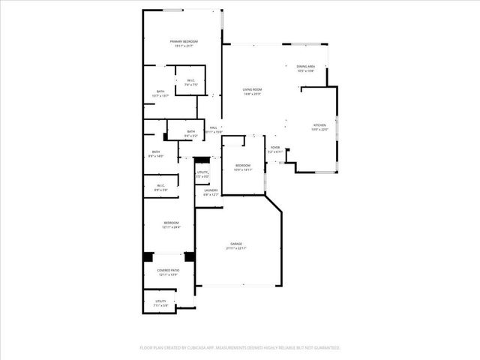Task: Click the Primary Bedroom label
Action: [183, 41]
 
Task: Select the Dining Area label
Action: [306, 67]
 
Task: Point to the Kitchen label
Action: [320, 124]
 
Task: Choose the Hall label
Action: [214, 128]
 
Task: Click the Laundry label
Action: [211, 190]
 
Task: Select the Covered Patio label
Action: [168, 270]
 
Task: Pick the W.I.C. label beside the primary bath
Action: [191, 81]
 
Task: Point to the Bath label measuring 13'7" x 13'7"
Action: [160, 91]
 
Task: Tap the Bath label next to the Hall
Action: [190, 132]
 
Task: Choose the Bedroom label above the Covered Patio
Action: [172, 222]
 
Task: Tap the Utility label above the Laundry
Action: [202, 172]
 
